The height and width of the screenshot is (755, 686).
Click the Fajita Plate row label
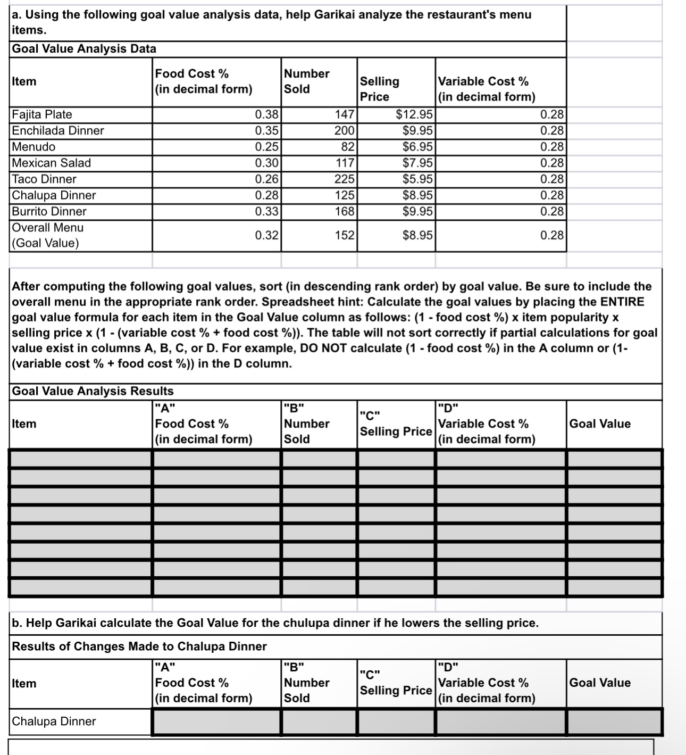click(42, 115)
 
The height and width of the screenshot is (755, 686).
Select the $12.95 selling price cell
click(414, 115)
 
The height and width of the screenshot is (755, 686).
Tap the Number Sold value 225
click(344, 179)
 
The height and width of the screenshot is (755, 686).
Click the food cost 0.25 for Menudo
click(266, 147)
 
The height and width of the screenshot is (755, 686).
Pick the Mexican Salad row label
click(51, 163)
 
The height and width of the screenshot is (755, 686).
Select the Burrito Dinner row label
click(49, 212)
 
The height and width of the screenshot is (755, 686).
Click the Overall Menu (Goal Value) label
click(47, 235)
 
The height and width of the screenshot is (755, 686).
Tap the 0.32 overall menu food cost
click(266, 235)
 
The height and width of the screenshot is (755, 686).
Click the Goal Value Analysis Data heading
click(84, 49)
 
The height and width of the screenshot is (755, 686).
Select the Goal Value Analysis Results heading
click(93, 391)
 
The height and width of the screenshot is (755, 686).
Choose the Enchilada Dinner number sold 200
click(344, 131)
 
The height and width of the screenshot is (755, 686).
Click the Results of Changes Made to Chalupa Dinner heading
click(139, 646)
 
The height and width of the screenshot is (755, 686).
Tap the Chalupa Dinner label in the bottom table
click(54, 721)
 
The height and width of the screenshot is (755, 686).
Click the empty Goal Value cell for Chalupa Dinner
click(614, 722)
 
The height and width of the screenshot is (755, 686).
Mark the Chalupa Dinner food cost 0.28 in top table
click(266, 195)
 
